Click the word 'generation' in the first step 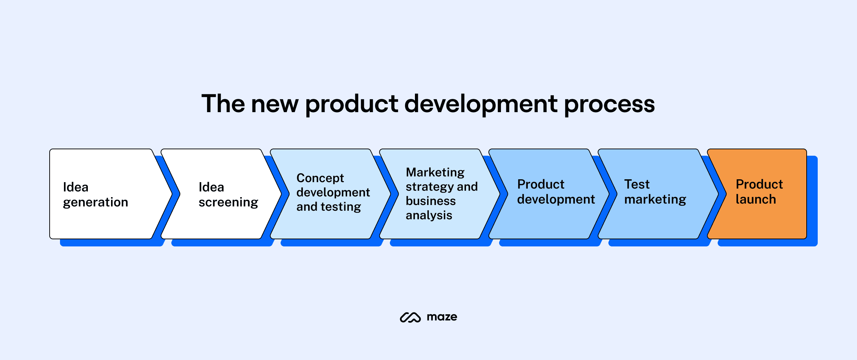[95, 202]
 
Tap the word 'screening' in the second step [228, 202]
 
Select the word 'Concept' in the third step [320, 178]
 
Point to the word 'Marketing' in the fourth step [435, 172]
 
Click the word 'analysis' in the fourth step [429, 215]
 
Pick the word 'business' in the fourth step [431, 201]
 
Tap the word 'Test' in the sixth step [637, 184]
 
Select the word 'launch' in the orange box [756, 199]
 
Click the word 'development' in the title [481, 104]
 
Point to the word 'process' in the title [609, 104]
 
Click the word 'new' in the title [275, 104]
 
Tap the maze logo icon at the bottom [410, 317]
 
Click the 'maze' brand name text [442, 317]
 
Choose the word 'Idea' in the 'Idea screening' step [211, 187]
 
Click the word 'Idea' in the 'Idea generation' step [76, 187]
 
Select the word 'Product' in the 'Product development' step [541, 184]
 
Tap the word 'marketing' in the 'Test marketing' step [655, 199]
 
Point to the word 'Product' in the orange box [759, 184]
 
